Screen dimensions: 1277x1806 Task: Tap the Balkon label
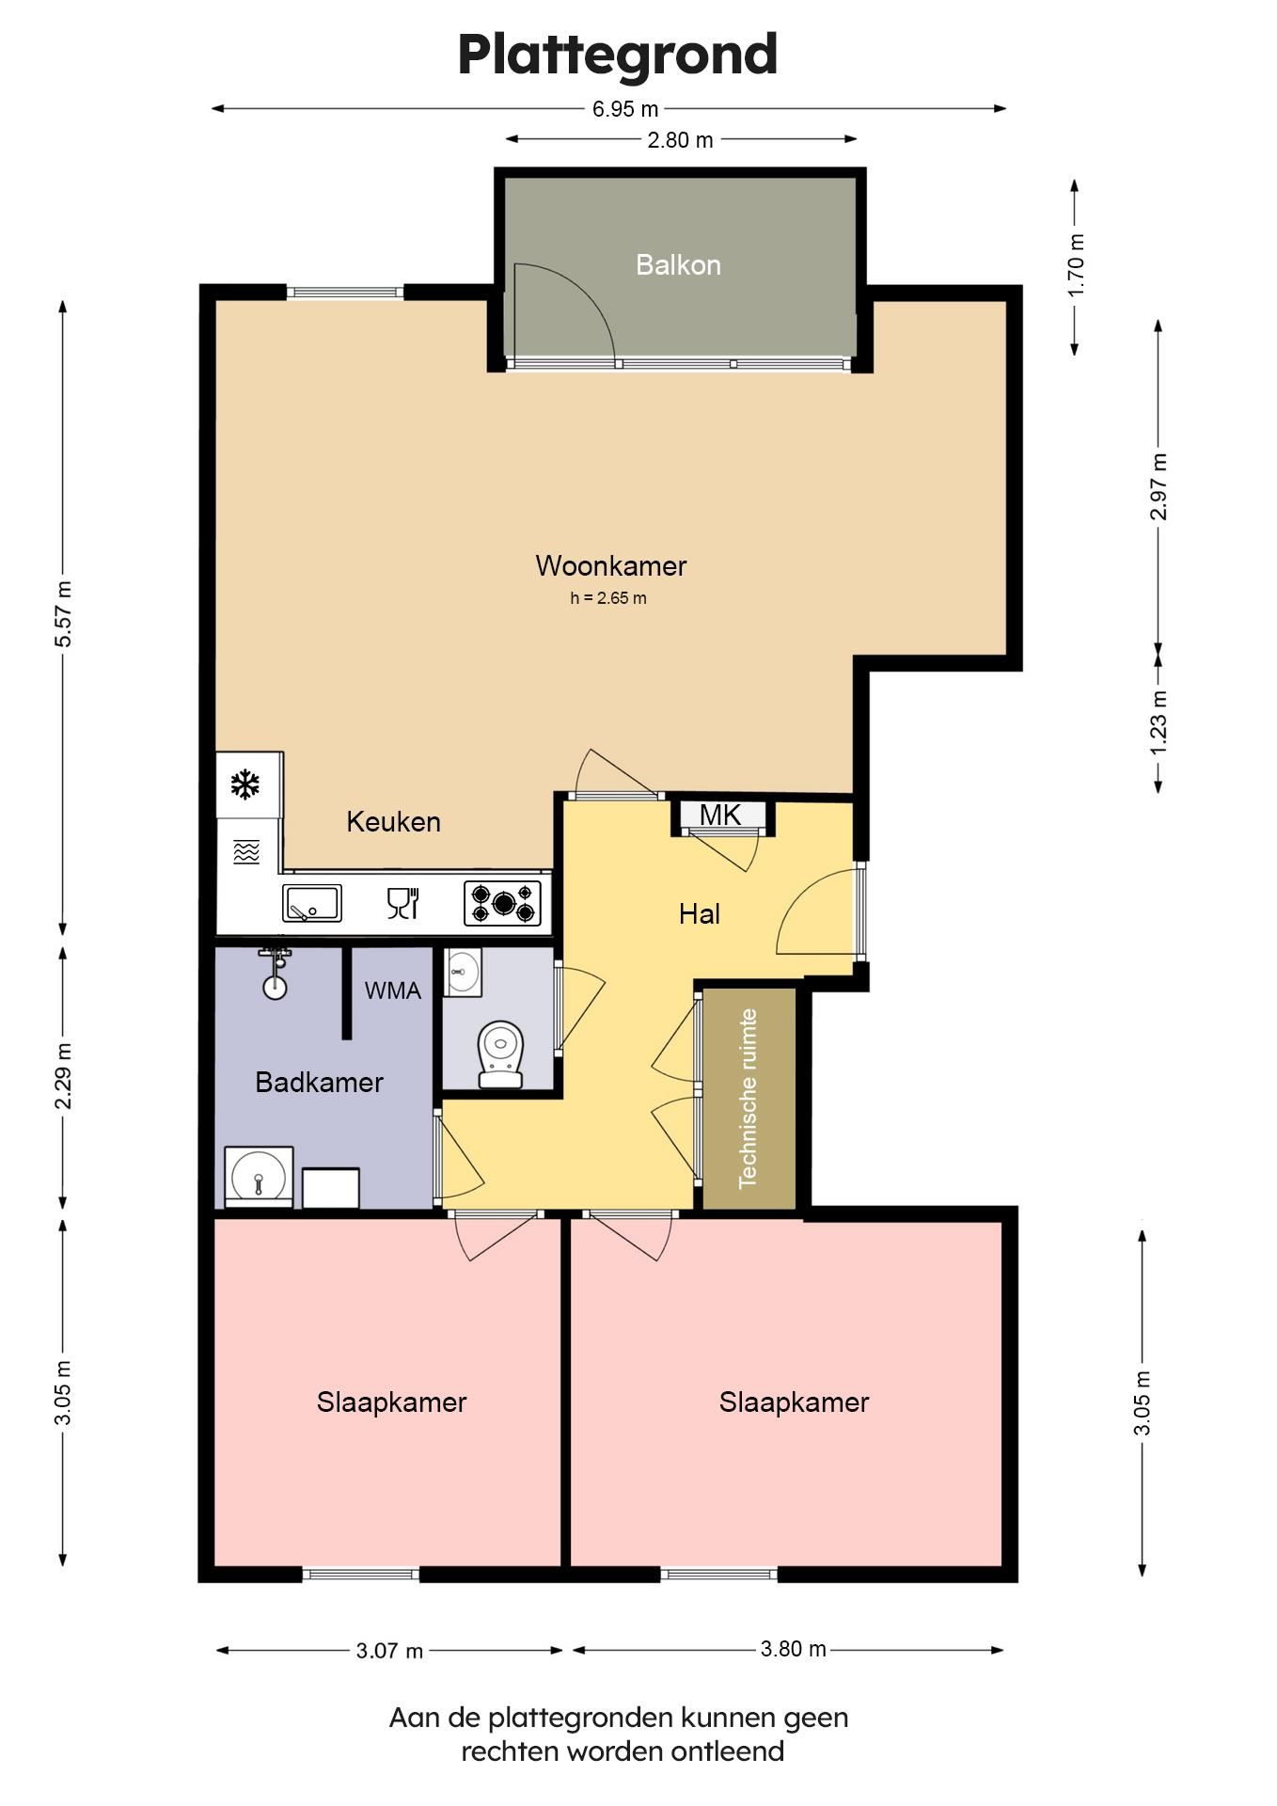[x=678, y=264]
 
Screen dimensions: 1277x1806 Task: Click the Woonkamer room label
[x=611, y=565]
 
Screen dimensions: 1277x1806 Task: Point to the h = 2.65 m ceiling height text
[x=608, y=598]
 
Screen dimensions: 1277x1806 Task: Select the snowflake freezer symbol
[x=245, y=784]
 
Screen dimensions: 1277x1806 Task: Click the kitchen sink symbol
[x=312, y=903]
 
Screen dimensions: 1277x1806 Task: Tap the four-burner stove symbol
[x=503, y=903]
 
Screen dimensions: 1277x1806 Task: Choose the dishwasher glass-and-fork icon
[x=402, y=903]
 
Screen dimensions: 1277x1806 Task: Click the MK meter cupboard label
[x=720, y=815]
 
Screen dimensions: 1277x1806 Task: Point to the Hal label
[x=700, y=913]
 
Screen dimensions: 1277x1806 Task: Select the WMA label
[x=393, y=990]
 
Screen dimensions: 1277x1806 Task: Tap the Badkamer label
[x=319, y=1082]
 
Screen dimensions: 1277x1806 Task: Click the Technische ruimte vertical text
[x=749, y=1099]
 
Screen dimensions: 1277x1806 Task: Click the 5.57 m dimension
[x=63, y=614]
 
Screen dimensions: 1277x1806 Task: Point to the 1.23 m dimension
[x=1159, y=721]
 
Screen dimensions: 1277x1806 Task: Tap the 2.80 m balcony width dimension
[x=680, y=140]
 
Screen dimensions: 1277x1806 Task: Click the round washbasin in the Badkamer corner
[x=259, y=1177]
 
